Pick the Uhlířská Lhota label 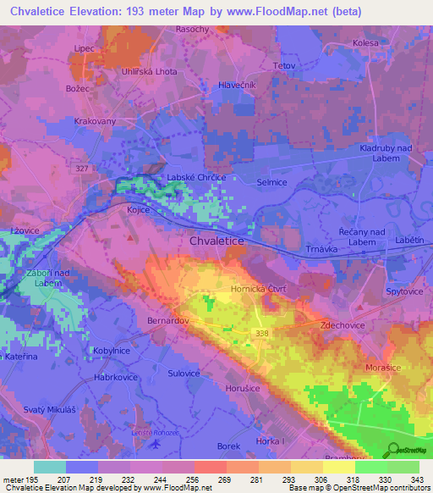[x=149, y=72]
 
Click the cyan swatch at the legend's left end [x=50, y=467]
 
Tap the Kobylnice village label [x=111, y=349]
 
